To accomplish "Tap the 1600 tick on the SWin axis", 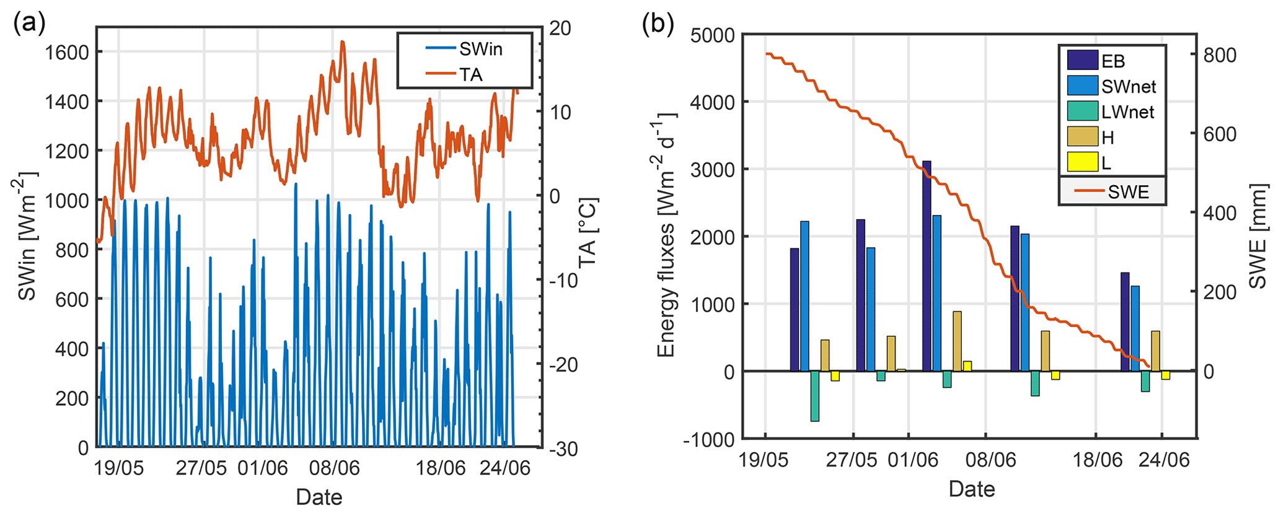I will (x=67, y=52).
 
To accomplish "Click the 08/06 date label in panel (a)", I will (x=334, y=468).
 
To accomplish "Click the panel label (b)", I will (x=658, y=24).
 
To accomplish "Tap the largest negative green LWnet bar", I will (x=815, y=396).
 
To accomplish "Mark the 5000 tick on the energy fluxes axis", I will (x=712, y=35).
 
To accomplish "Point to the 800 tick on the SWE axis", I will (x=1219, y=55).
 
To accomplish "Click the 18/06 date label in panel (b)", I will (x=1098, y=460).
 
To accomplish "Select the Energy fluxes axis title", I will (x=666, y=235).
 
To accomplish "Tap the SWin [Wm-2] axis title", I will (x=27, y=235).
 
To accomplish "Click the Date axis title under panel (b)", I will (x=971, y=489).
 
